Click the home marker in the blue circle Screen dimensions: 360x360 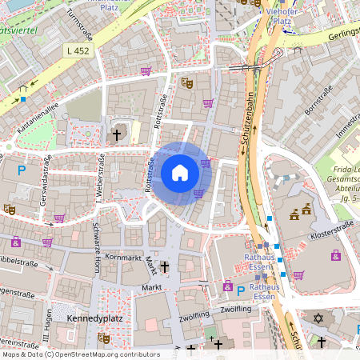pos(180,173)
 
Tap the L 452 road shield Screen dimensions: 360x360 pos(76,50)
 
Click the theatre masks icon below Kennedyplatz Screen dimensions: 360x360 pos(102,338)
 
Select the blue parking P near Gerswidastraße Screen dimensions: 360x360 pos(22,170)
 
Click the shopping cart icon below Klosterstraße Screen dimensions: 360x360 pos(298,275)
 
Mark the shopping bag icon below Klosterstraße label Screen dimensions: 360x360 pos(335,256)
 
